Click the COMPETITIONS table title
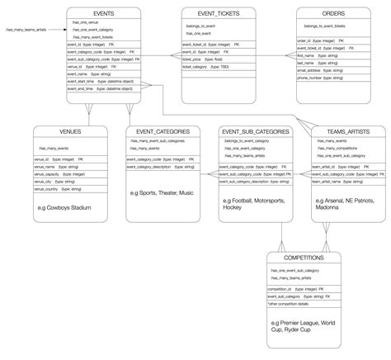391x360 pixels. pos(299,258)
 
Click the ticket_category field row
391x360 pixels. pos(206,67)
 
